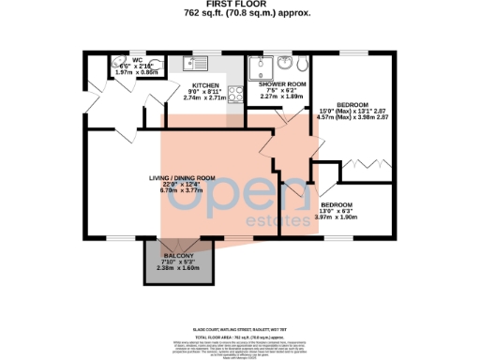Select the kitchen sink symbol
(196, 64)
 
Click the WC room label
(136, 60)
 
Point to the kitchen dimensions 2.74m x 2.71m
(204, 97)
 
